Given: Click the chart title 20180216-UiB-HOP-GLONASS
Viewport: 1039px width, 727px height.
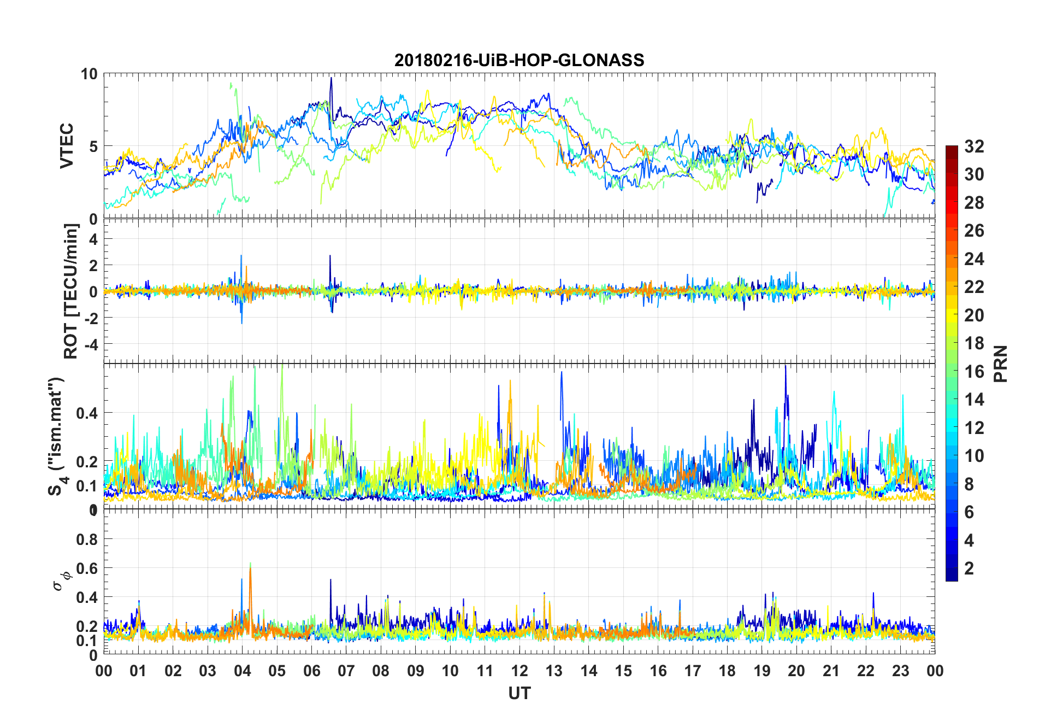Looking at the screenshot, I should (519, 60).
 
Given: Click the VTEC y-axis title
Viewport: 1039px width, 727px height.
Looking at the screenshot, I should (67, 146).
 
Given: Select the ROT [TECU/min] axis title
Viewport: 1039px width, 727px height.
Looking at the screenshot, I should (71, 291).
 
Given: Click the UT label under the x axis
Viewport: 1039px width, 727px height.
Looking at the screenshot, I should (519, 693).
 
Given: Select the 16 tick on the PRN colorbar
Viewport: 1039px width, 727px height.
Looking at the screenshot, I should (974, 372).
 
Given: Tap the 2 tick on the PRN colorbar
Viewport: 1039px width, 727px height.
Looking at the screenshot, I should (969, 568).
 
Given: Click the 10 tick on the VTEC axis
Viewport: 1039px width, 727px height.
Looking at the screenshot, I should (89, 74).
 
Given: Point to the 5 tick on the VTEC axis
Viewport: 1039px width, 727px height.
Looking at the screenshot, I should (93, 146).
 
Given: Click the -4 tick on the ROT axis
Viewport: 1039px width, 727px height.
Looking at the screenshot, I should (89, 344).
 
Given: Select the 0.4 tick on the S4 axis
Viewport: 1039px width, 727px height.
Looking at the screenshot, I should (87, 413).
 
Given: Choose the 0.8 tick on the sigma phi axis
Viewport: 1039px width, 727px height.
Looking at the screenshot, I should (87, 539).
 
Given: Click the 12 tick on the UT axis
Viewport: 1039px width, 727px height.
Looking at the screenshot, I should (519, 671).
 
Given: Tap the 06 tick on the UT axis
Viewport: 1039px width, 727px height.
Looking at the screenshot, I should (311, 671).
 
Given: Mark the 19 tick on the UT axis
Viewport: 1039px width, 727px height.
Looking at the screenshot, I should (761, 671).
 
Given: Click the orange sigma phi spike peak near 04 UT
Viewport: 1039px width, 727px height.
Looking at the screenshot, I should (250, 568).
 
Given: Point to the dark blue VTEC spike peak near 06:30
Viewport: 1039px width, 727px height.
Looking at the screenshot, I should (330, 78).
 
